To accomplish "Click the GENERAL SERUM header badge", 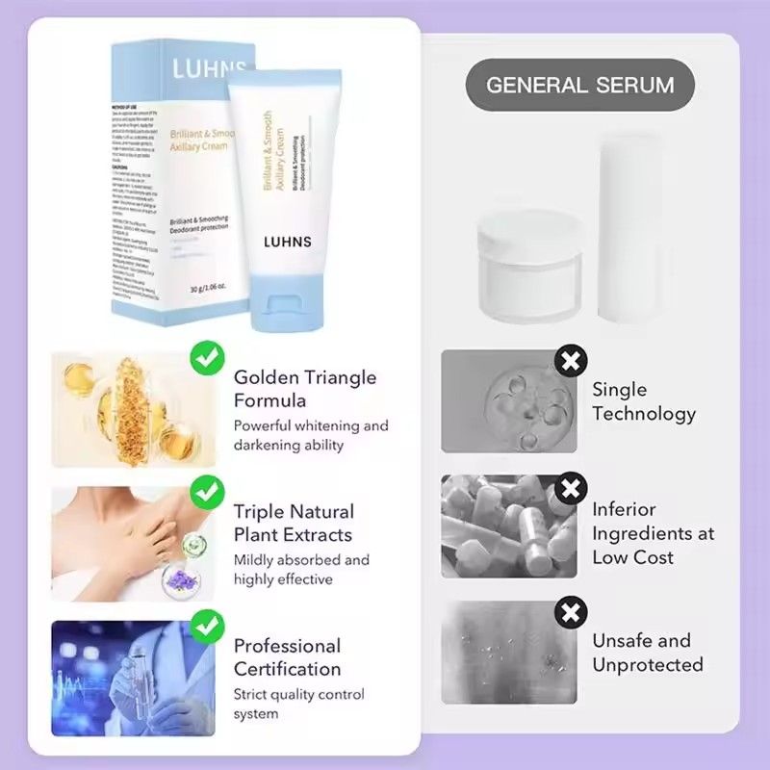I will pyautogui.click(x=579, y=85).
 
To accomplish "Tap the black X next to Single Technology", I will pyautogui.click(x=572, y=362).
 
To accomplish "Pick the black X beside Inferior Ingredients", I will pyautogui.click(x=572, y=488).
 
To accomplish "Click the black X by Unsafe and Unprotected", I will pyautogui.click(x=572, y=611).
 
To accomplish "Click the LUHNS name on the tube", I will pyautogui.click(x=288, y=242).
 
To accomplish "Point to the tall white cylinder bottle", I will pyautogui.click(x=629, y=227).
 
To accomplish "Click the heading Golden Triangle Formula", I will pyautogui.click(x=304, y=389).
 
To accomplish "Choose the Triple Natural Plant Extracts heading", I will pyautogui.click(x=294, y=524).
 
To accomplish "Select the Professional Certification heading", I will pyautogui.click(x=287, y=657).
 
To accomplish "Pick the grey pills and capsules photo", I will pyautogui.click(x=508, y=526).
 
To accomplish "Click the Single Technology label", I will pyautogui.click(x=643, y=401).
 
